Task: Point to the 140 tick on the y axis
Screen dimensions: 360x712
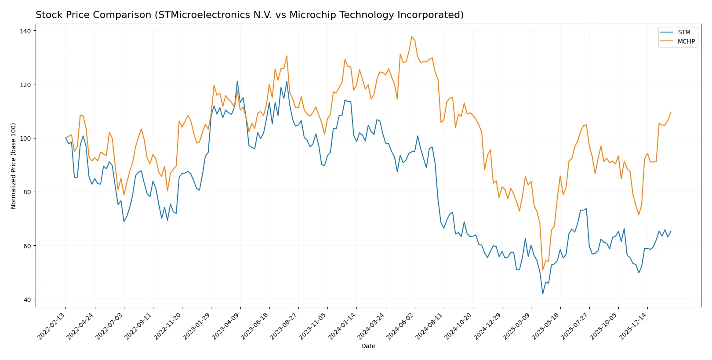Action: (x=25, y=31)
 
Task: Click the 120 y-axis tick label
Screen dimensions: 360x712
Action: (x=25, y=84)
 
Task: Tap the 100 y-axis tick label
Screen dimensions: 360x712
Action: (x=25, y=138)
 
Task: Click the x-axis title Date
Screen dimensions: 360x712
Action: (x=368, y=346)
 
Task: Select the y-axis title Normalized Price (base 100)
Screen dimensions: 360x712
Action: (x=14, y=166)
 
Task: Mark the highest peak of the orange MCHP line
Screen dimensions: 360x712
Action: (x=412, y=36)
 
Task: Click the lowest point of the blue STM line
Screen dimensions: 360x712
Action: (x=543, y=294)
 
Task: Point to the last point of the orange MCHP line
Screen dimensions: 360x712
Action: (x=671, y=113)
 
